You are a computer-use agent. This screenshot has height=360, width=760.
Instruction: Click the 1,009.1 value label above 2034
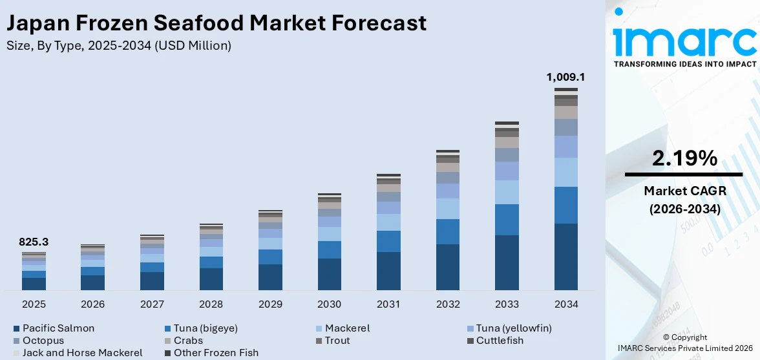click(565, 77)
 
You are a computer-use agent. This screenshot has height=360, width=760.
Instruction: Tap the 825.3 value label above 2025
click(34, 242)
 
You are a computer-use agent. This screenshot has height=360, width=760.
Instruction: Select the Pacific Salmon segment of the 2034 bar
click(565, 257)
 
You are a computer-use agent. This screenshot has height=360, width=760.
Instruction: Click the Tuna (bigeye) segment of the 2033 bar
click(507, 220)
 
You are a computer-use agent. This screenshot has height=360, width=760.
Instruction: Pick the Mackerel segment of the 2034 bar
click(565, 172)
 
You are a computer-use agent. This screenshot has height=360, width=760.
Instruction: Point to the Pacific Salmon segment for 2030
click(329, 274)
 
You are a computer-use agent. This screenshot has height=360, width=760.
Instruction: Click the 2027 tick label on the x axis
click(152, 304)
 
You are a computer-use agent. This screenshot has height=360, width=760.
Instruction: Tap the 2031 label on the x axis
click(388, 304)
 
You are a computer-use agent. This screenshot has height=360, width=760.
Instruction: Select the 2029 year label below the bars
click(270, 304)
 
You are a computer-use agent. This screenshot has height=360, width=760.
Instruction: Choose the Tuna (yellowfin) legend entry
click(514, 328)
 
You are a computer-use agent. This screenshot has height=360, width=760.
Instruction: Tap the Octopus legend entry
click(43, 341)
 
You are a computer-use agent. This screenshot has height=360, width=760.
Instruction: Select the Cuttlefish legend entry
click(500, 341)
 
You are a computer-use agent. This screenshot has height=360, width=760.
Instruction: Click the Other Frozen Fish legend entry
click(216, 353)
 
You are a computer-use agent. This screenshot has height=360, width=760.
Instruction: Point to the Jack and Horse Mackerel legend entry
click(82, 353)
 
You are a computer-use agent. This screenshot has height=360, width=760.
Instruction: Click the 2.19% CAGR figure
click(684, 158)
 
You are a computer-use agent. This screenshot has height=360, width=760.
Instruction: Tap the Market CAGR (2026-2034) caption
click(684, 200)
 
